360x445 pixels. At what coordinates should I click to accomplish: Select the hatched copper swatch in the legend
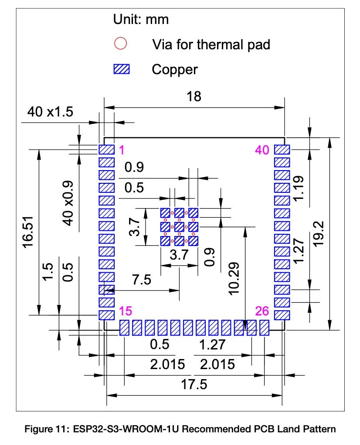click(x=122, y=69)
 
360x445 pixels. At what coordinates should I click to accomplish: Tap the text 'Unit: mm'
click(x=140, y=19)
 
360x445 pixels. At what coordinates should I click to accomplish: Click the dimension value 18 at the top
click(x=194, y=96)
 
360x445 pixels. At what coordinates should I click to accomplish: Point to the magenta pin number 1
click(x=122, y=150)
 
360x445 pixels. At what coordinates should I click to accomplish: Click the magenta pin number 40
click(x=262, y=150)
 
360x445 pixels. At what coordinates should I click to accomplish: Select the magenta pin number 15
click(x=126, y=311)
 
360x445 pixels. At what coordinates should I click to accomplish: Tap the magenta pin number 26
click(x=263, y=311)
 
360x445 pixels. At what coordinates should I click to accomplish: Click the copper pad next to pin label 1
click(x=106, y=150)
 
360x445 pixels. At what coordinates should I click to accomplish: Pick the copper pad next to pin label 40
click(x=282, y=150)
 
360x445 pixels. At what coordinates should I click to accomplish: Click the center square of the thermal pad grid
click(x=179, y=227)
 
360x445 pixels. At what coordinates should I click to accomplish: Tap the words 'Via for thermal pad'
click(x=211, y=44)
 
